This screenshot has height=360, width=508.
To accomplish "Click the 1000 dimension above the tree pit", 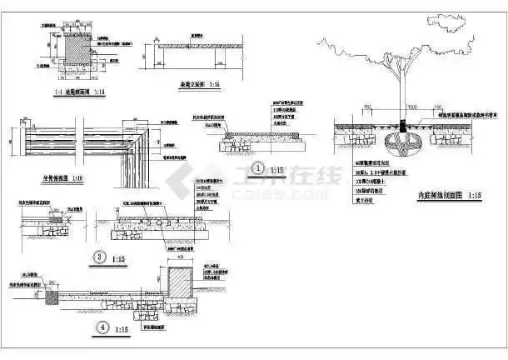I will pyautogui.click(x=405, y=109).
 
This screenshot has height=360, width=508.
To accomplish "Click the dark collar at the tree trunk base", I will pyautogui.click(x=406, y=127).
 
